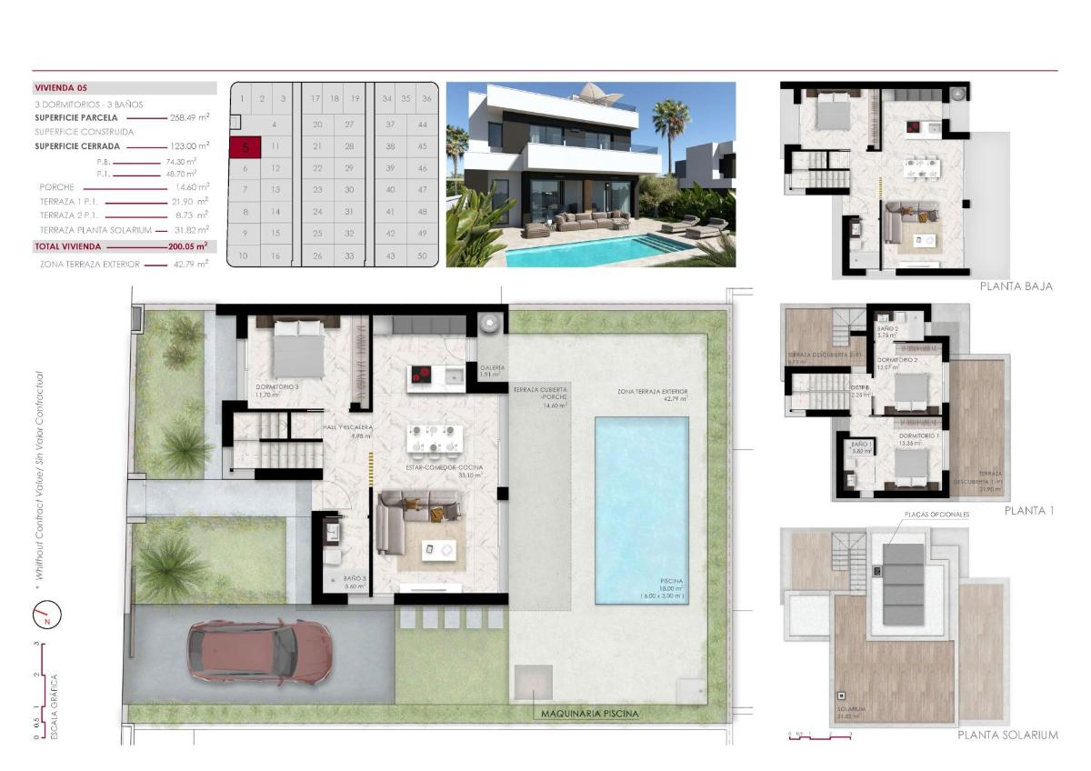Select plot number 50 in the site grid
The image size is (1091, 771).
coord(422,256)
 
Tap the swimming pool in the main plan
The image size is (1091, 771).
coord(639,509)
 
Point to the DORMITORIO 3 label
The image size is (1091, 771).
coord(277,386)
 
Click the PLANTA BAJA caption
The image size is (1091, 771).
coord(1016,285)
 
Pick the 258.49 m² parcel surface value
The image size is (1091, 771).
coord(190,117)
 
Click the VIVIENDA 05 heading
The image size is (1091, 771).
coord(62,88)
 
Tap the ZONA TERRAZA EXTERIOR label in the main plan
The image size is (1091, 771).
coord(651,392)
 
